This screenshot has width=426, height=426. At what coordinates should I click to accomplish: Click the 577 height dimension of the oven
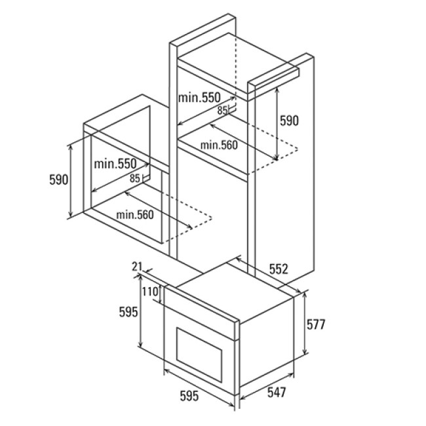(x=316, y=324)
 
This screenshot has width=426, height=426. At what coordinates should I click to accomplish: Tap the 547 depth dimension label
(x=277, y=393)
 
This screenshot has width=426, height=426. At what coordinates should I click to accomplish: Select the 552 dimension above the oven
(x=279, y=269)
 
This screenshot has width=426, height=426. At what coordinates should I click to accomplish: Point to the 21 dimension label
(x=137, y=267)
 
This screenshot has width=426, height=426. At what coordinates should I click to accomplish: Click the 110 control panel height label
(x=150, y=292)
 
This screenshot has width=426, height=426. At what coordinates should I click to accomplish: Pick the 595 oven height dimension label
(x=128, y=312)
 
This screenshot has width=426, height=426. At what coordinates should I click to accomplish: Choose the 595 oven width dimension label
(x=189, y=396)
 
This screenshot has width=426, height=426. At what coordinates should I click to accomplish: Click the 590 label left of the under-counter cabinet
(x=59, y=180)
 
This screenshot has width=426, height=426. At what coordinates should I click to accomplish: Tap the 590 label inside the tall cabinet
(x=289, y=121)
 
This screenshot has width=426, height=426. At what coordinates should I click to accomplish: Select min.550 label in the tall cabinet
(x=199, y=98)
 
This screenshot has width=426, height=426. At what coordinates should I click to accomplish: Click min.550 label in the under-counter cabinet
(x=115, y=164)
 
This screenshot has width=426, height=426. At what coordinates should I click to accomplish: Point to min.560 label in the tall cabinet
(x=219, y=145)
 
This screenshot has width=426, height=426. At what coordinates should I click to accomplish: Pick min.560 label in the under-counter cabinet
(x=135, y=215)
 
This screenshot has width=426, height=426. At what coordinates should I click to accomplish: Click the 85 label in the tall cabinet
(x=222, y=111)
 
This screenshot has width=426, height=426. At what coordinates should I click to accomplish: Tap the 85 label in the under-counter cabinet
(x=135, y=178)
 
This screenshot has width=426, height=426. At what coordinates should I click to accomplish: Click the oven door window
(x=199, y=355)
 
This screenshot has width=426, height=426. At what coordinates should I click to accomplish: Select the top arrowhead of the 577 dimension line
(x=305, y=296)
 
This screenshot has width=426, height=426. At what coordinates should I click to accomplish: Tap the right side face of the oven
(x=267, y=340)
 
